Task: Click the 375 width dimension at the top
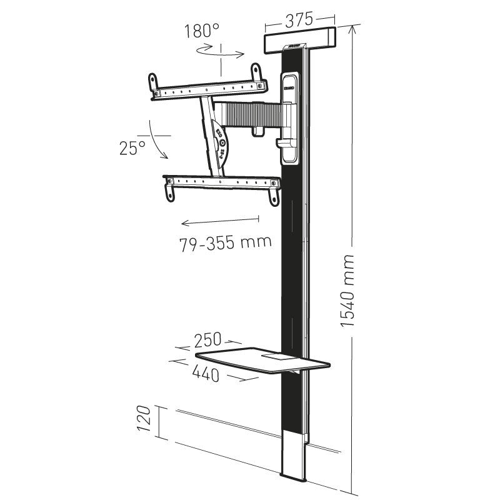coord(299,19)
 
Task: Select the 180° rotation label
coord(202,31)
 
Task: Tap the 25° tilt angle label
coord(132,148)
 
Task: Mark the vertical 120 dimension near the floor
coord(144,422)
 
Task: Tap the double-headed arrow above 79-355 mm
coord(219,220)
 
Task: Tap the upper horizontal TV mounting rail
coord(206,87)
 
